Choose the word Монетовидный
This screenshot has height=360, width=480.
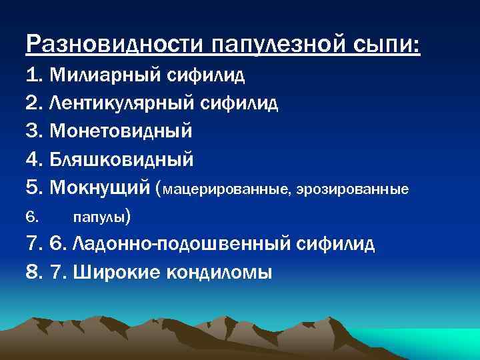pyautogui.click(x=121, y=131)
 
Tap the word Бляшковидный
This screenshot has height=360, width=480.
pyautogui.click(x=122, y=159)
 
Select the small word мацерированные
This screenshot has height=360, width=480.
pyautogui.click(x=223, y=190)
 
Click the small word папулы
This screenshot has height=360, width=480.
pyautogui.click(x=99, y=217)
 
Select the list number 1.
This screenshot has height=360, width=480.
pyautogui.click(x=34, y=74)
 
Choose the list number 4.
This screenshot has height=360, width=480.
pyautogui.click(x=34, y=159)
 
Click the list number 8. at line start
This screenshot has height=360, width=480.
pyautogui.click(x=34, y=273)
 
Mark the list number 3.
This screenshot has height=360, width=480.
pyautogui.click(x=34, y=131)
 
